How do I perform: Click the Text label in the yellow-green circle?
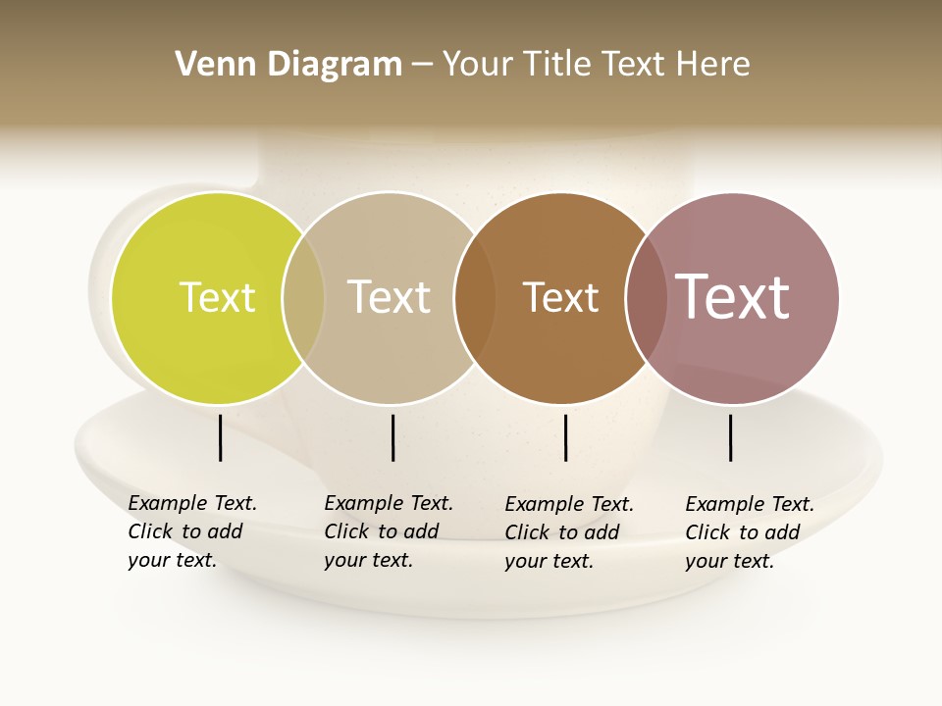point(217,297)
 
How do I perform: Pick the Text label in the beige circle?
point(389,297)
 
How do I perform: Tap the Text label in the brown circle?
point(560,297)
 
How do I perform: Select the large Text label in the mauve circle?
point(732,297)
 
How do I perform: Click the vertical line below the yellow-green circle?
point(220,437)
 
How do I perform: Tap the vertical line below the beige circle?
point(392,437)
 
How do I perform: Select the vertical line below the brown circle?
point(565,437)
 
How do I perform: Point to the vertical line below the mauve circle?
point(730,437)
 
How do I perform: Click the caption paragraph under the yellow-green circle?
point(191,531)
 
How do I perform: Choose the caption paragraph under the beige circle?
point(388,531)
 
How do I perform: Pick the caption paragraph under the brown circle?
point(568,532)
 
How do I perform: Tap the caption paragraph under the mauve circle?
point(749,532)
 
